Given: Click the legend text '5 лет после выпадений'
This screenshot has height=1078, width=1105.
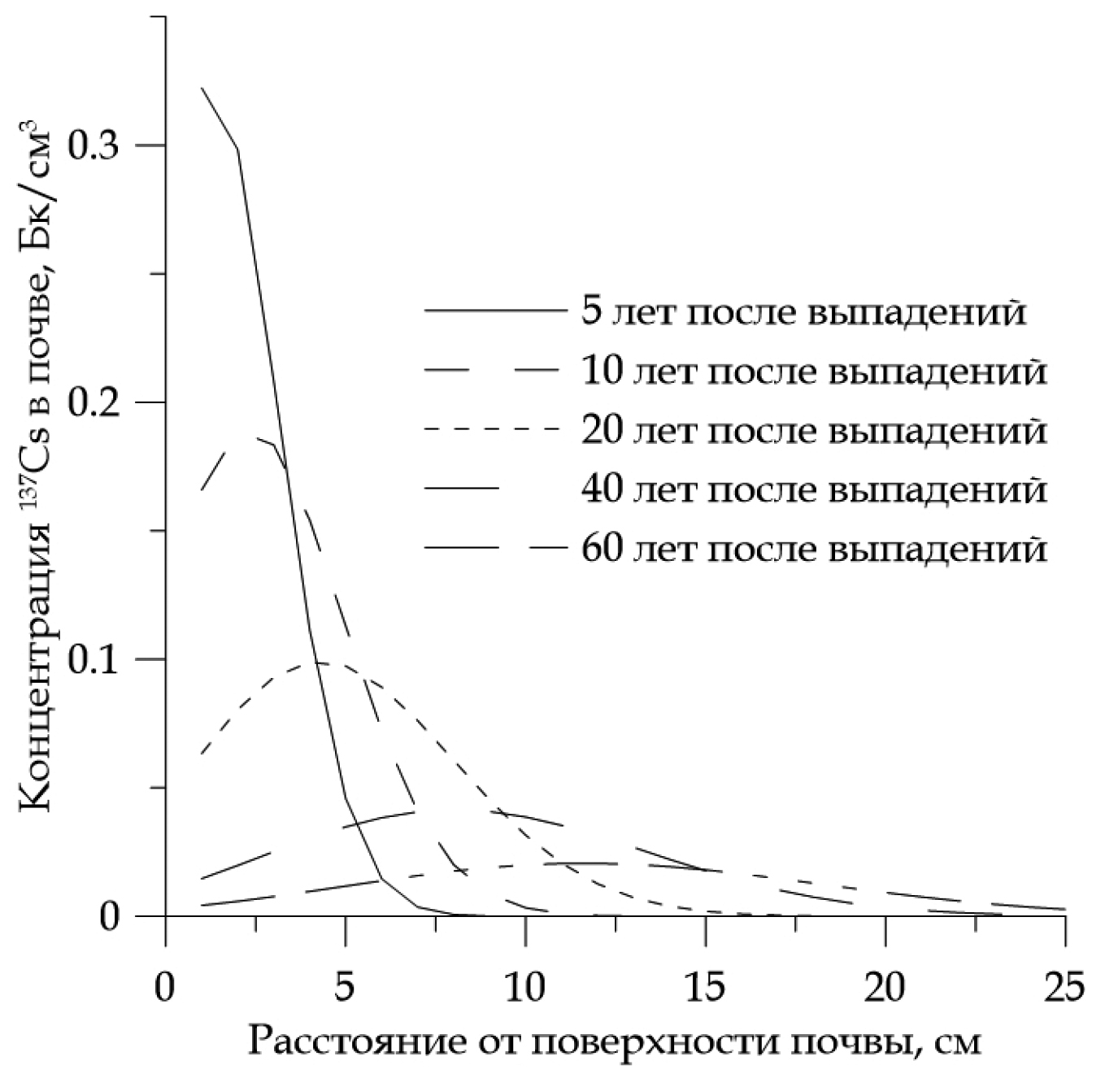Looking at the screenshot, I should coord(803,312).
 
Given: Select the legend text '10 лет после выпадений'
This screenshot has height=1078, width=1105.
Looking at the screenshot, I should coord(814,372).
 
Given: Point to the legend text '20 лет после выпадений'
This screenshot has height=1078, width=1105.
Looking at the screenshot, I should coord(814,431).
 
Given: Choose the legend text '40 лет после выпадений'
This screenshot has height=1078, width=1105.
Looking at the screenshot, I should coord(814,490).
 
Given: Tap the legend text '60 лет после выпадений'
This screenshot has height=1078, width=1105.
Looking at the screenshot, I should coord(814,550).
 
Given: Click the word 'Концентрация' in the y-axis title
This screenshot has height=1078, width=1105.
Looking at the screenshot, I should coord(41,699).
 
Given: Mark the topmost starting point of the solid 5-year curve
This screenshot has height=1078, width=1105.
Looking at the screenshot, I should coord(202,87).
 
